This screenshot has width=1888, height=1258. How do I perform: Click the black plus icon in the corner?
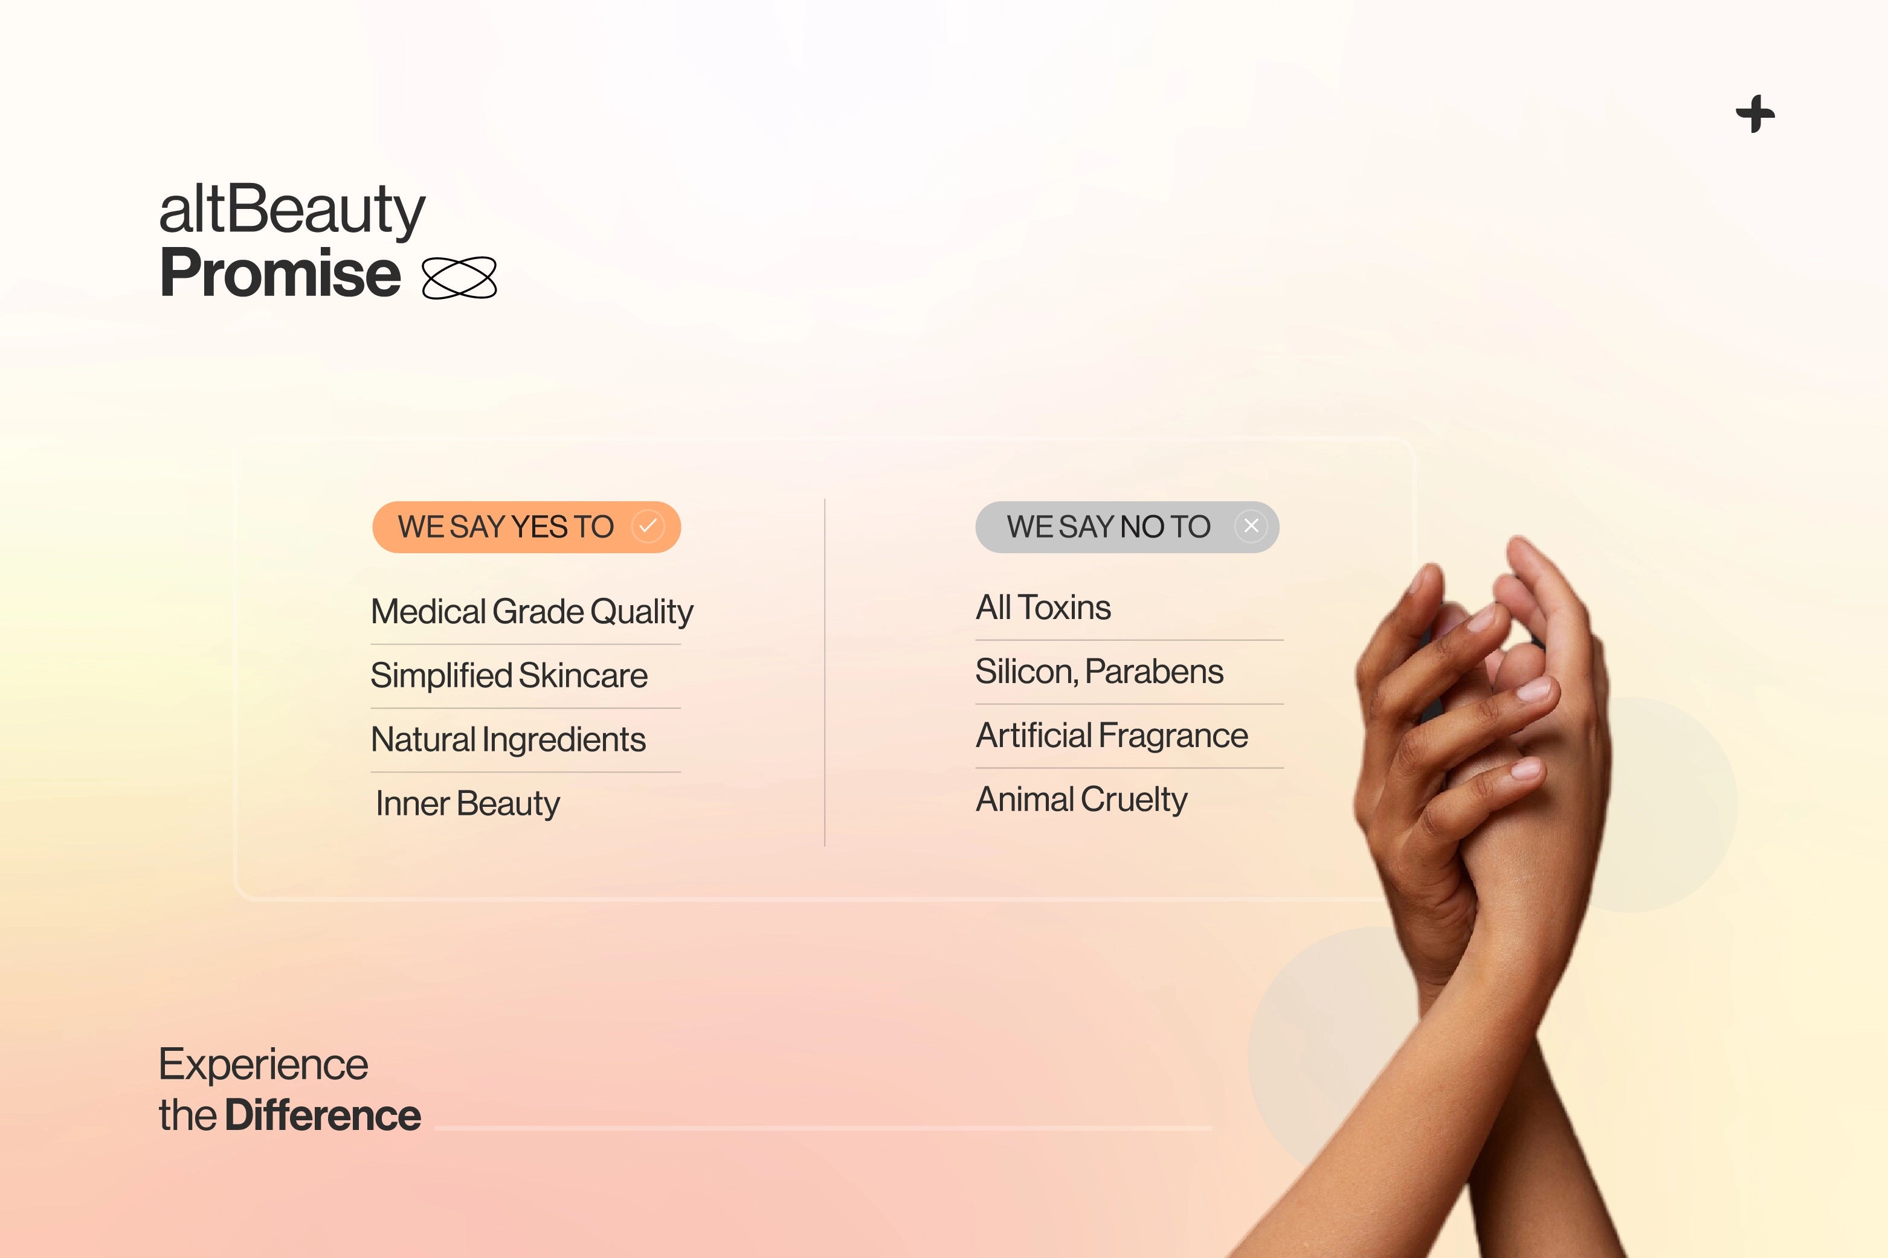[x=1755, y=114]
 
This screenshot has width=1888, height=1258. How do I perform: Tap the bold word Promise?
[x=280, y=273]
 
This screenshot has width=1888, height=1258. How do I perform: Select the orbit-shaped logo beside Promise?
[x=459, y=278]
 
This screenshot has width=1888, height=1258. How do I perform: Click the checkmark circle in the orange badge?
[x=648, y=526]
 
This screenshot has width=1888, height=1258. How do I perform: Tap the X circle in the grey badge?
[x=1251, y=526]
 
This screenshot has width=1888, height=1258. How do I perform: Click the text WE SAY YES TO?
[x=506, y=527]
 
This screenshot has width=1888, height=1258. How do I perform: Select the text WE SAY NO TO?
[x=1108, y=527]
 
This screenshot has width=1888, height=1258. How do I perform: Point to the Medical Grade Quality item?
[x=532, y=611]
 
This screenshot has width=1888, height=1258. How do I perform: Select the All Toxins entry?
[x=1043, y=608]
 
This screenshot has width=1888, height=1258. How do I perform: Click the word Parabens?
[x=1154, y=672]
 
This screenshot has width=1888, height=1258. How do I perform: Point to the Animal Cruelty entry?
[x=1081, y=800]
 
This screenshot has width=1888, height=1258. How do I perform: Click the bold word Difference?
[x=323, y=1115]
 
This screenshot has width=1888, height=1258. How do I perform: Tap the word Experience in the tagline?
[x=263, y=1065]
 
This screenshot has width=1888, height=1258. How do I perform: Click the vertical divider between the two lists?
[x=825, y=672]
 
